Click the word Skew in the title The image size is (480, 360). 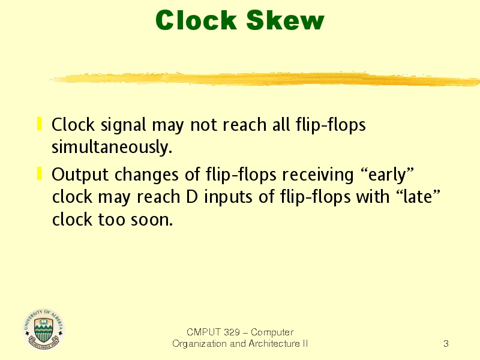point(285,20)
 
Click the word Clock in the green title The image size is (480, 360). point(196,20)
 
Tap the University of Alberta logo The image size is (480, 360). point(43,329)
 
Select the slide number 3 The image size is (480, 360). point(446,343)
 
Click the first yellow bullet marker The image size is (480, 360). point(39,124)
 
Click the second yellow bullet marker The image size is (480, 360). point(39,173)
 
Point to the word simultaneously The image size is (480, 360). point(112,148)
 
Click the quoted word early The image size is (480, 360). point(387,175)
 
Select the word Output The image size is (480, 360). point(80,175)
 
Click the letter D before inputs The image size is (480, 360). point(192,197)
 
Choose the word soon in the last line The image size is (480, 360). point(152,220)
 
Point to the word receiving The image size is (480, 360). point(318,175)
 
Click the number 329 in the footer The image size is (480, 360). point(232,332)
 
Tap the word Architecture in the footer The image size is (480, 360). point(274,344)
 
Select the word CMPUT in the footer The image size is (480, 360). point(203,332)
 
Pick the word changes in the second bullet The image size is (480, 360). point(146,175)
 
